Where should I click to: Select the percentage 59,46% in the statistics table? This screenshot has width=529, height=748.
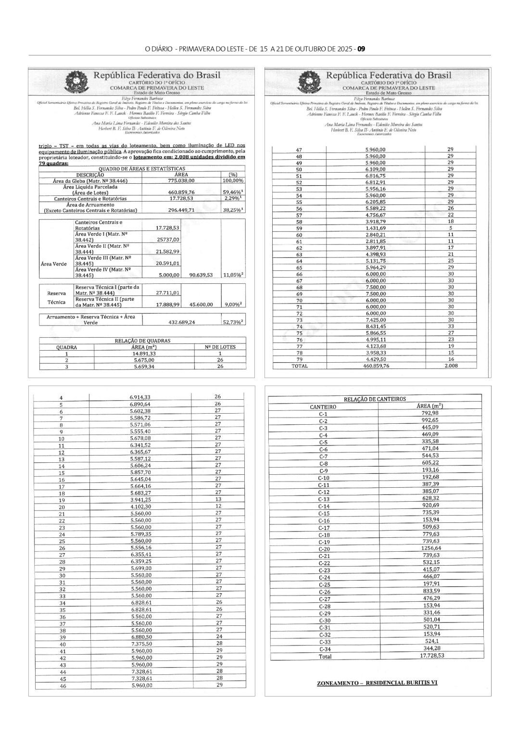click(x=233, y=191)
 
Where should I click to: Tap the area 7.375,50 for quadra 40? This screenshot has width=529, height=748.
click(x=141, y=644)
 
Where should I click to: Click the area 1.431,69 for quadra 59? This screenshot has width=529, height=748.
click(x=375, y=228)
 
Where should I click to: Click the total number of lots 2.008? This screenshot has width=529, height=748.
click(x=451, y=366)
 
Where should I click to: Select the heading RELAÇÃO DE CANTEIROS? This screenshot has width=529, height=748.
click(x=375, y=399)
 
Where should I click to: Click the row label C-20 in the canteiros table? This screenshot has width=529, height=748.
click(x=324, y=549)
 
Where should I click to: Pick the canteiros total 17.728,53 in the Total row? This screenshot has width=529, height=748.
click(x=432, y=656)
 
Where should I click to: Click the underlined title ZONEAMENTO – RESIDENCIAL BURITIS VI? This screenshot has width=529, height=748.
click(x=377, y=683)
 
